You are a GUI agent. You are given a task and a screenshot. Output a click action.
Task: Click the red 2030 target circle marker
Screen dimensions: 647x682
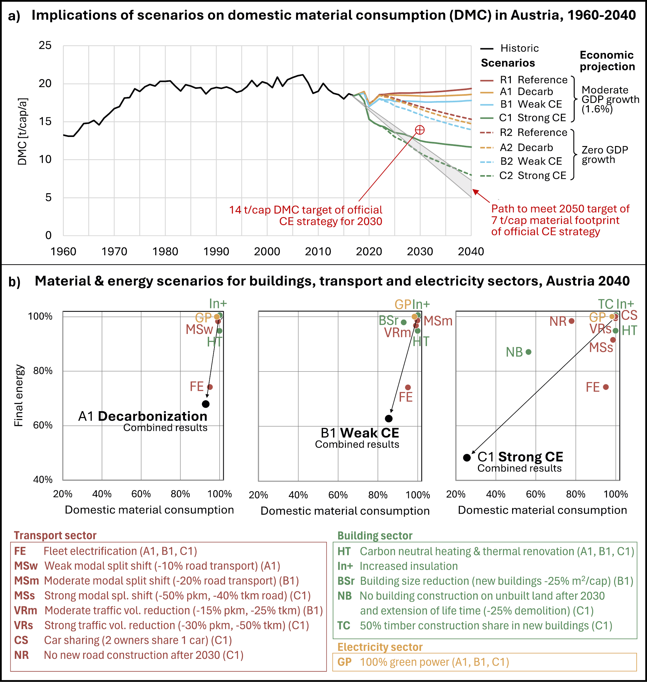(420, 130)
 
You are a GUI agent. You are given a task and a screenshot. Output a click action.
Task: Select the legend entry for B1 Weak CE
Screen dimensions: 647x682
(521, 104)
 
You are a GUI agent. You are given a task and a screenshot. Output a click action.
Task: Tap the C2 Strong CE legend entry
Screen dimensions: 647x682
(523, 176)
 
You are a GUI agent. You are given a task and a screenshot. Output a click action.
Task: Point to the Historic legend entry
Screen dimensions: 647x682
(509, 48)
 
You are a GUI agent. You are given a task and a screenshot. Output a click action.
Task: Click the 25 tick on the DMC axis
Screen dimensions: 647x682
(45, 45)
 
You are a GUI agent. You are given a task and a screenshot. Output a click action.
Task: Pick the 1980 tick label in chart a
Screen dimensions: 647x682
(165, 252)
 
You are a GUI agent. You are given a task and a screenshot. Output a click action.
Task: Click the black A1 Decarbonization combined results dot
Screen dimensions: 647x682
(206, 404)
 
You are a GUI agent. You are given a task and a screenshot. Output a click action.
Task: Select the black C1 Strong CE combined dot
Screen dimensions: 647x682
(467, 458)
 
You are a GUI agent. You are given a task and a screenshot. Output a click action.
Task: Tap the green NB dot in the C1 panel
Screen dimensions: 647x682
(528, 352)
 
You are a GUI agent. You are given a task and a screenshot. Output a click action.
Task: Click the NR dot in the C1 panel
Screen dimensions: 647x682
(572, 321)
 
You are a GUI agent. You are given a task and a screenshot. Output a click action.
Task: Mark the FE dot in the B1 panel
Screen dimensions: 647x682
(408, 387)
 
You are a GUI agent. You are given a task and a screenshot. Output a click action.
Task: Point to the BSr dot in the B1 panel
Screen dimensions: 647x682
(403, 322)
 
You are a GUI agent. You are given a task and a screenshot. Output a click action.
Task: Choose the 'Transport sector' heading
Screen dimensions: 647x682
(55, 536)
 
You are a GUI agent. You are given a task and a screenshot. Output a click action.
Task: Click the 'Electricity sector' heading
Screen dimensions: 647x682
(380, 647)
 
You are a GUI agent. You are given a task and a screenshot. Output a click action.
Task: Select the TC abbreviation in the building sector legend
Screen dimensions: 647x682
(344, 625)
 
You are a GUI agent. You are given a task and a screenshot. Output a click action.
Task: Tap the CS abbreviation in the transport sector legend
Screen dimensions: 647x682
(21, 640)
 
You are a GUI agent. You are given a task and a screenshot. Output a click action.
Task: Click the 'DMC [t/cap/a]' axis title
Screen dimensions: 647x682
(23, 132)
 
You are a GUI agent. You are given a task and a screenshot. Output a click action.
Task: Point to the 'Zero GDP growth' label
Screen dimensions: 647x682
(605, 155)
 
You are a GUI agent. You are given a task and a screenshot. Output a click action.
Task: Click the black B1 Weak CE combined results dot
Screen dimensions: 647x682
(389, 419)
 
